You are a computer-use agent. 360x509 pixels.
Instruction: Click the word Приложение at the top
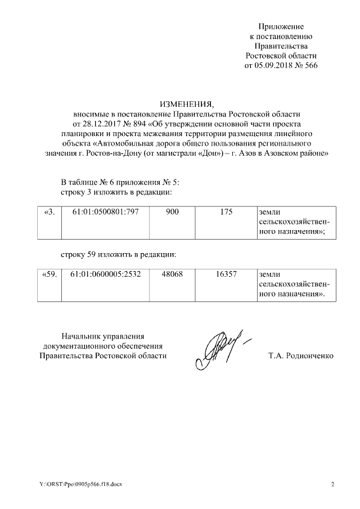click(281, 26)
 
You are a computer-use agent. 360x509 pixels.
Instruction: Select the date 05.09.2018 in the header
click(274, 65)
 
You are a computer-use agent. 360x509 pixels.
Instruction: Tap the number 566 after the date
click(310, 65)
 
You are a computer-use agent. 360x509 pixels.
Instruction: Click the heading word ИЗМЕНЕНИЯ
click(187, 105)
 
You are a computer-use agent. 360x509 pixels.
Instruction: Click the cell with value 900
click(172, 213)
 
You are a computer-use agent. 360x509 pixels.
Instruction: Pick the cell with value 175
click(227, 213)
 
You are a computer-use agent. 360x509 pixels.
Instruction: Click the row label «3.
click(49, 213)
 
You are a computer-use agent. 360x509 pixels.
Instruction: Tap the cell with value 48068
click(172, 276)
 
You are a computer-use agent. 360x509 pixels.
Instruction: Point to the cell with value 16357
click(227, 276)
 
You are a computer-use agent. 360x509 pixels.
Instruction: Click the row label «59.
click(49, 276)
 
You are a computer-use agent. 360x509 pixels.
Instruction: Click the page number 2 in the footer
click(332, 484)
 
